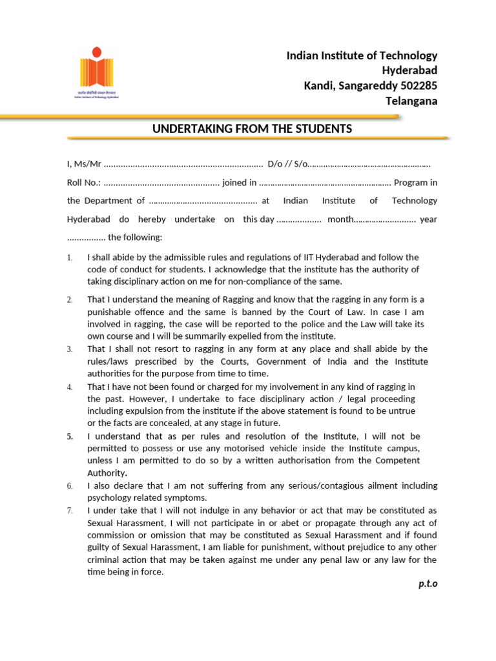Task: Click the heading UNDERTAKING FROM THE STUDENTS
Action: click(x=252, y=129)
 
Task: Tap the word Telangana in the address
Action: click(x=411, y=101)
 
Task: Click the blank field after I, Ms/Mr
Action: click(x=183, y=165)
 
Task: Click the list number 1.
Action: click(x=70, y=258)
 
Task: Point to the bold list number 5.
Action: click(x=70, y=436)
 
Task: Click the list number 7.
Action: click(x=70, y=511)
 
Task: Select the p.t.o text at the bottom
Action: click(x=427, y=584)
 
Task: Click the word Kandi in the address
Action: click(x=318, y=86)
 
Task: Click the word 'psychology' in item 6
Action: click(x=110, y=498)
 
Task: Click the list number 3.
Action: click(x=70, y=349)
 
